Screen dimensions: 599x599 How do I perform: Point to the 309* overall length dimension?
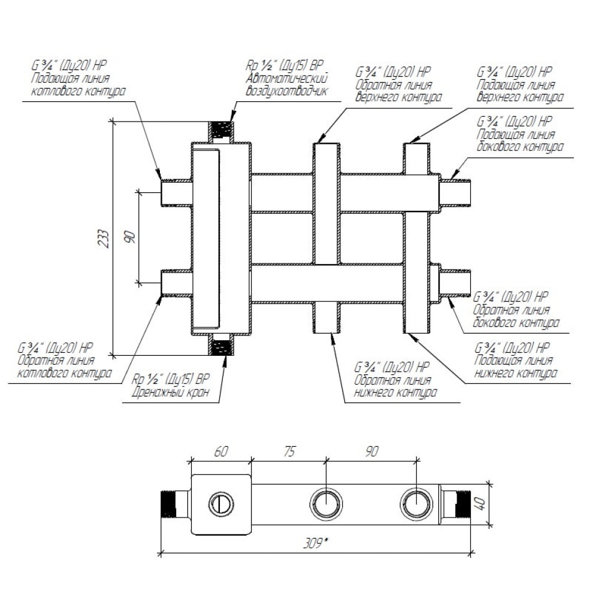pos(315,544)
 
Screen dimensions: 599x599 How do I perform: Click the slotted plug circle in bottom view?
pos(219,503)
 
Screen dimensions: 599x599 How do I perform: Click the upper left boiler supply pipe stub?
pos(175,192)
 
